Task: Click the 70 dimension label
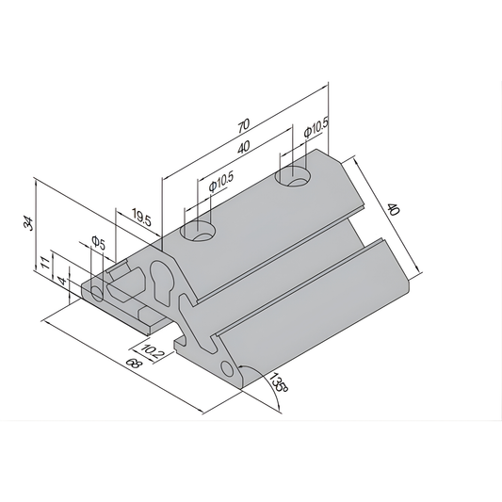click(x=244, y=124)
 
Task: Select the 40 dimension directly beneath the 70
click(x=244, y=149)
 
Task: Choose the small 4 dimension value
click(x=61, y=280)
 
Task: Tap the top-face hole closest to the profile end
click(x=199, y=231)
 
